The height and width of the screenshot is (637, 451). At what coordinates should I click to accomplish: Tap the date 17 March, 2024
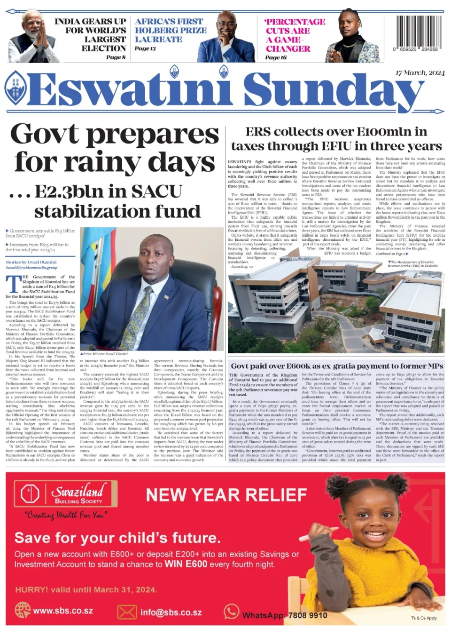[420, 73]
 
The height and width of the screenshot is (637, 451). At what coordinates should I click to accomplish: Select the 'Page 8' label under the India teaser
[116, 57]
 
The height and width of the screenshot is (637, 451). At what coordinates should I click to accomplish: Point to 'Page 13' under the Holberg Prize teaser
[145, 48]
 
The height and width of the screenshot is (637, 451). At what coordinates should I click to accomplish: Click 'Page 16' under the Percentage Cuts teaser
[276, 57]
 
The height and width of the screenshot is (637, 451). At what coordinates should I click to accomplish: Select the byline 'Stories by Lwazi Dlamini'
[31, 262]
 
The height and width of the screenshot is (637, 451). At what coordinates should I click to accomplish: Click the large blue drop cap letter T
[13, 285]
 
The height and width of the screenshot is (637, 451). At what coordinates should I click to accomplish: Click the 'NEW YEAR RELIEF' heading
[226, 495]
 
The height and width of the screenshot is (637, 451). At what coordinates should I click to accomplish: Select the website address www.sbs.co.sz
[63, 611]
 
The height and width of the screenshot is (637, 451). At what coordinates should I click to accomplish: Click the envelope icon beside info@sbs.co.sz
[127, 612]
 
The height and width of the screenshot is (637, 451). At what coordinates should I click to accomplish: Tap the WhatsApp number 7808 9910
[308, 615]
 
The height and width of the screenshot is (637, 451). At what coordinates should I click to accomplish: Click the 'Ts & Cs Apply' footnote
[424, 618]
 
